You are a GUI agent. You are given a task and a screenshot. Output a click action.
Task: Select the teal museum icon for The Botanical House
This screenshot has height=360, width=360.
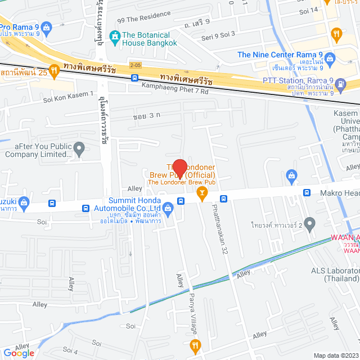[115, 38]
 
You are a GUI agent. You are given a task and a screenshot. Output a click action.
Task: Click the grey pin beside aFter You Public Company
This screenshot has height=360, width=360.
[79, 149]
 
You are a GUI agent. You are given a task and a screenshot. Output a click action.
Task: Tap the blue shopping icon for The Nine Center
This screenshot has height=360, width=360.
[330, 58]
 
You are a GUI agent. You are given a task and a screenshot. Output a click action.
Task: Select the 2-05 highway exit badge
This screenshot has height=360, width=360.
[135, 65]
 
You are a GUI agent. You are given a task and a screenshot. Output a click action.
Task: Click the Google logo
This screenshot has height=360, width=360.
[19, 353]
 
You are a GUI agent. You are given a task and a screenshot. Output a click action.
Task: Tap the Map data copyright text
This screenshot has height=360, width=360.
[336, 355]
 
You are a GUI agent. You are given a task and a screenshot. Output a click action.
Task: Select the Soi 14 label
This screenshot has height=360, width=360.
[309, 10]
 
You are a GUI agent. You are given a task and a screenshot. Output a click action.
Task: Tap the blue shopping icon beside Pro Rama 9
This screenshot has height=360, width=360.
[46, 26]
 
